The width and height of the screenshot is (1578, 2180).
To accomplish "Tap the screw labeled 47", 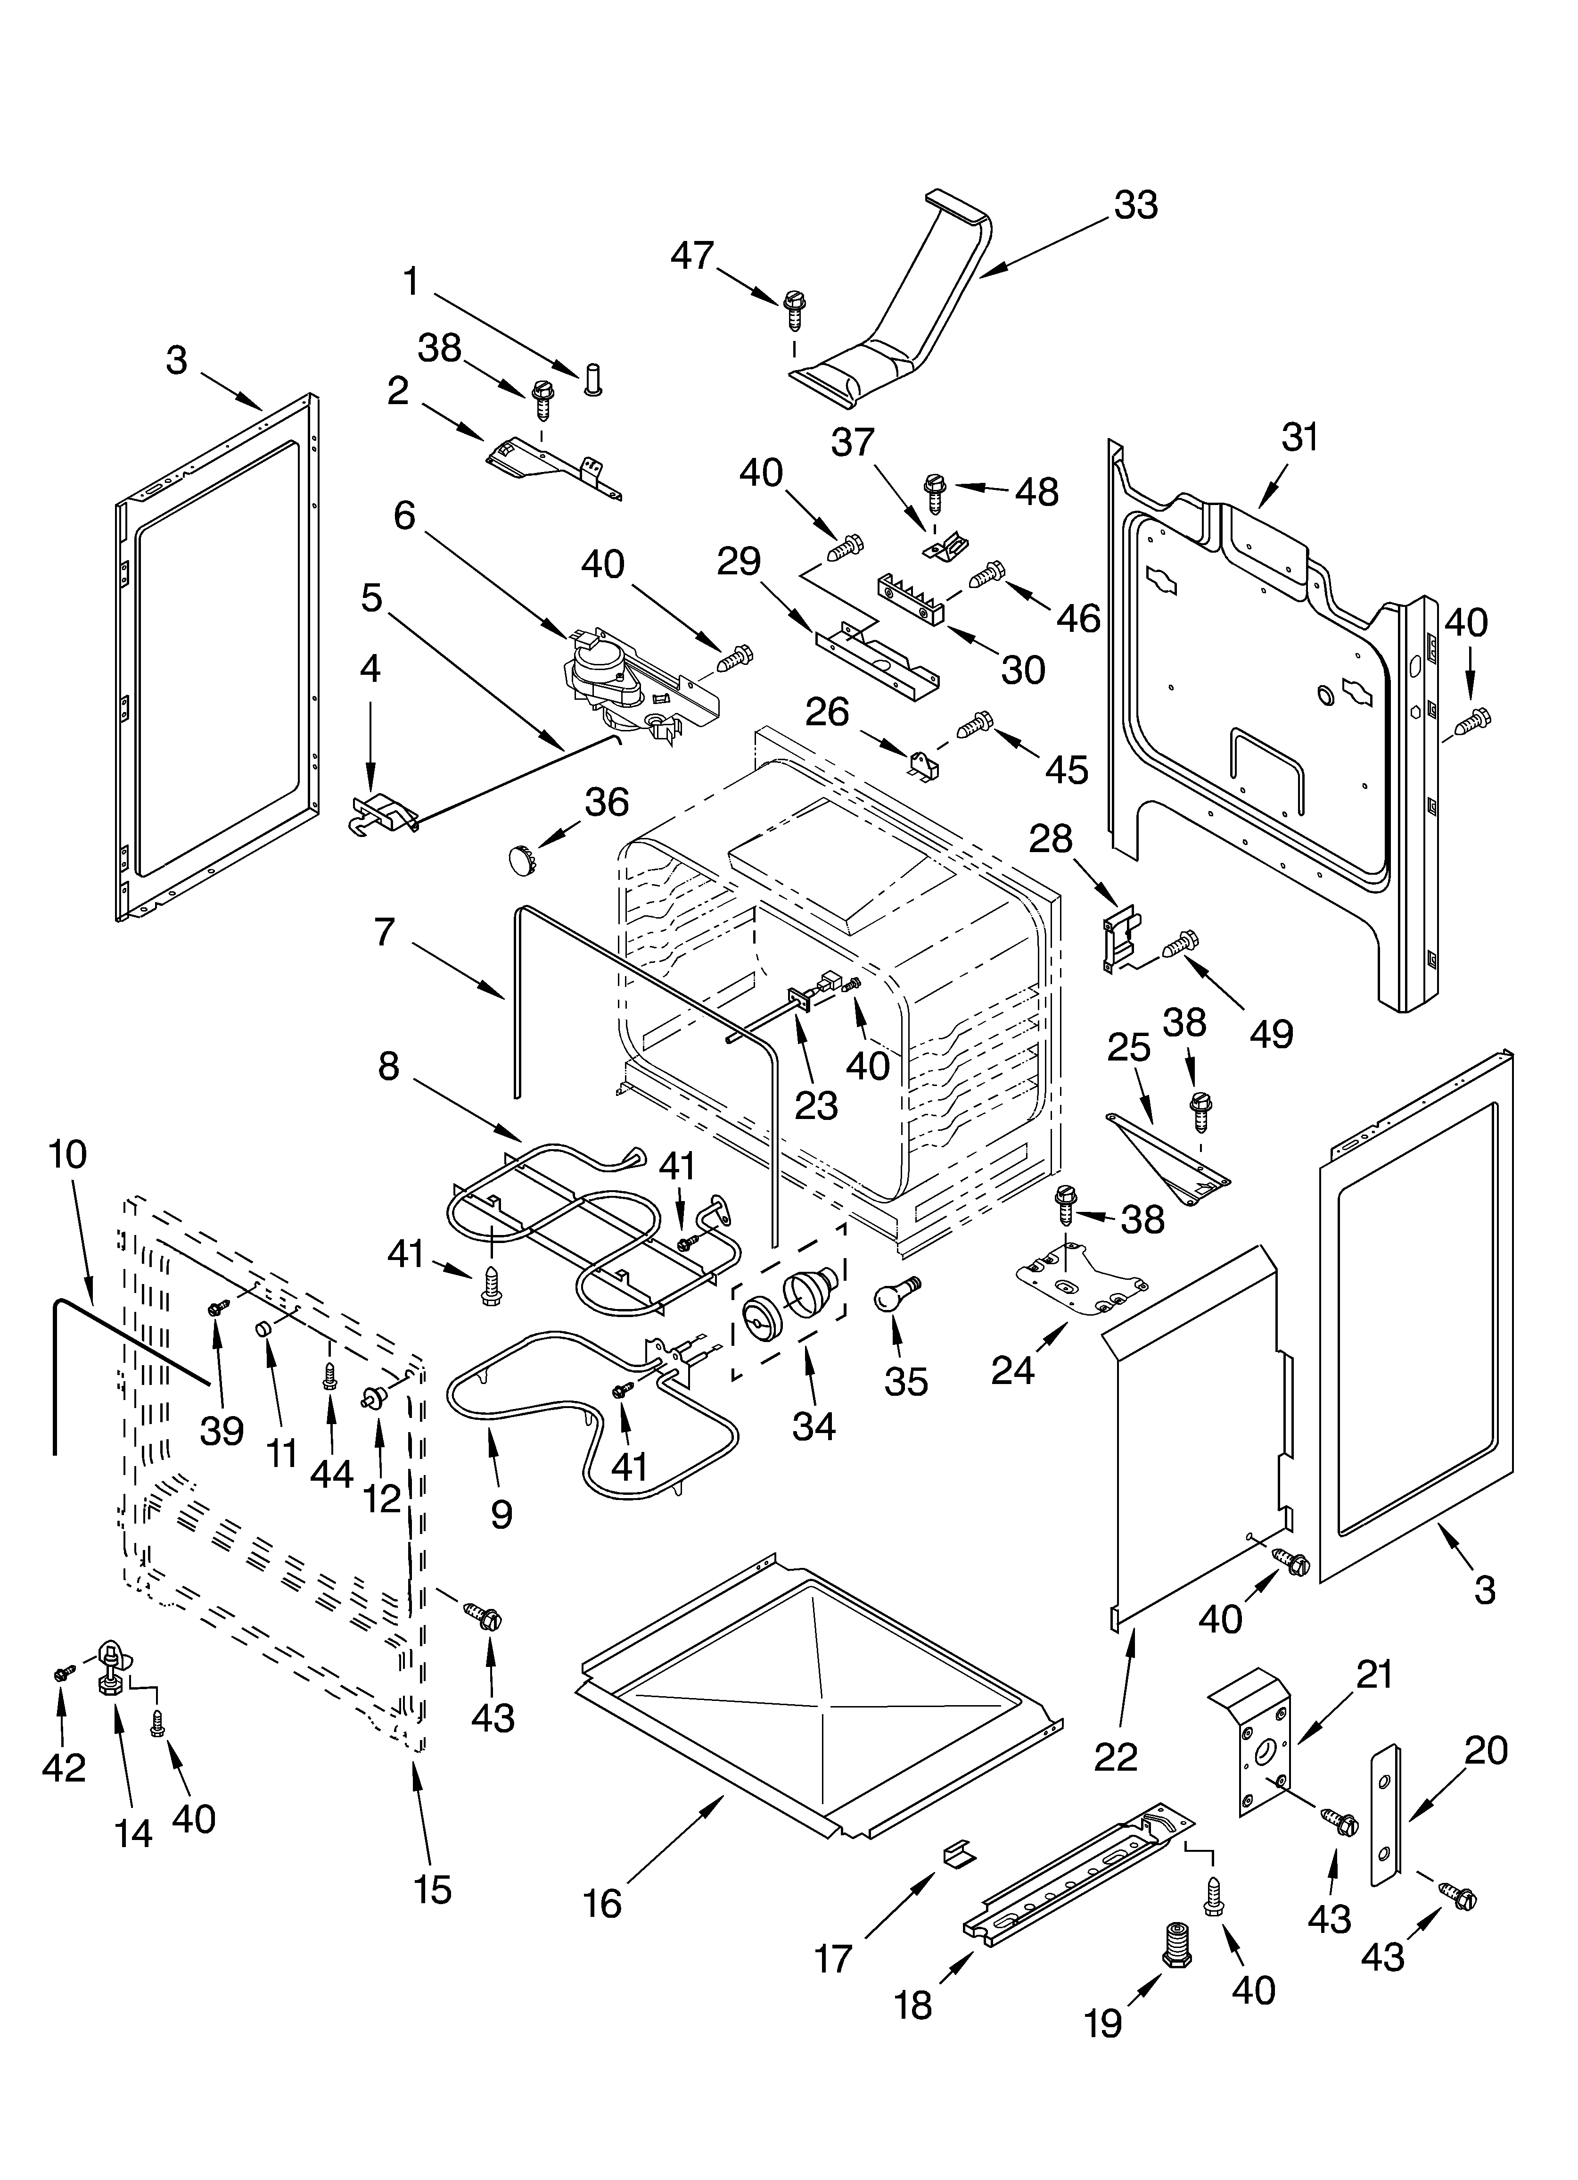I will tap(794, 310).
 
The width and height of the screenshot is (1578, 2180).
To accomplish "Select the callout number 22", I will tap(1116, 1756).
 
